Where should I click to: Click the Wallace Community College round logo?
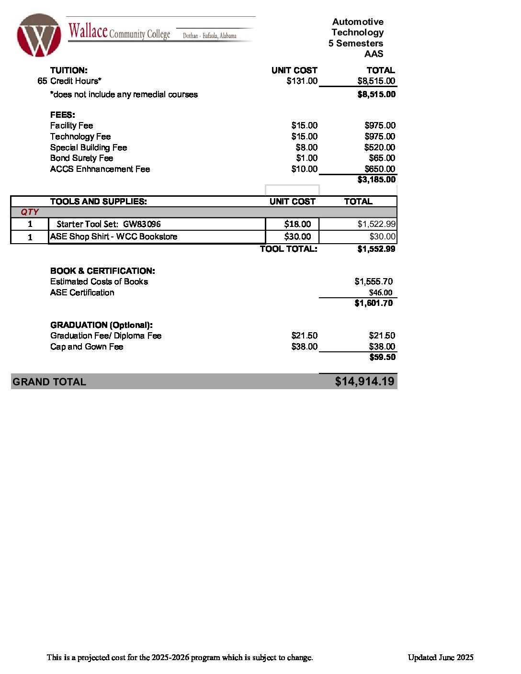(39, 36)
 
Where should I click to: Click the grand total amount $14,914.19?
(364, 382)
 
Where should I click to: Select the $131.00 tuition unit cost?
(302, 81)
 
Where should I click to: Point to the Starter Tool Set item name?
(109, 224)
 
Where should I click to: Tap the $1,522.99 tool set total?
(376, 224)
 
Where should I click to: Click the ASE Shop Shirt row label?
(113, 236)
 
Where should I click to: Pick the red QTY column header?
(30, 212)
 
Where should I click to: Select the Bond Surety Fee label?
(81, 158)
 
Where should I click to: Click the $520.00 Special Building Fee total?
(379, 147)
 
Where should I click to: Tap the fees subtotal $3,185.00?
(376, 180)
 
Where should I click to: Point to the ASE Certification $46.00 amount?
(380, 292)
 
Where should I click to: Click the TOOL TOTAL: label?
(288, 249)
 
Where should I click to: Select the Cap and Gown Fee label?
(87, 347)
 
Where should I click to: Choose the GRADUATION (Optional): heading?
(102, 325)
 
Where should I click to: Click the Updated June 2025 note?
(441, 657)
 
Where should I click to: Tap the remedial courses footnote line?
(124, 94)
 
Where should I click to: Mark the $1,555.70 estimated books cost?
(374, 281)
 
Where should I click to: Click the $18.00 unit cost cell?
(297, 224)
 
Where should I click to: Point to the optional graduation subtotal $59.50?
(382, 357)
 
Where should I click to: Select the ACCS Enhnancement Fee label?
(100, 169)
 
